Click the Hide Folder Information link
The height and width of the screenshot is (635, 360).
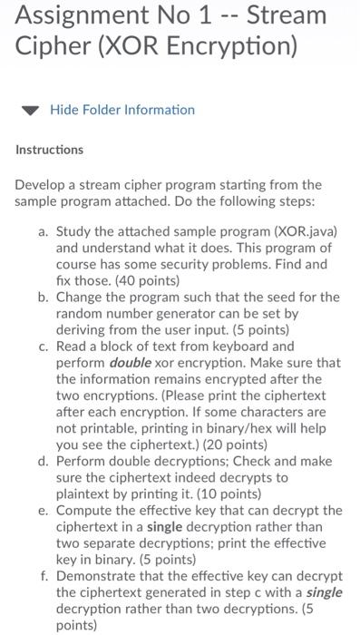pyautogui.click(x=122, y=110)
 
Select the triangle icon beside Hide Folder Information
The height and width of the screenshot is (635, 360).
pyautogui.click(x=30, y=111)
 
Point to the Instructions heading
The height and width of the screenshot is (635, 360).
pyautogui.click(x=50, y=148)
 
